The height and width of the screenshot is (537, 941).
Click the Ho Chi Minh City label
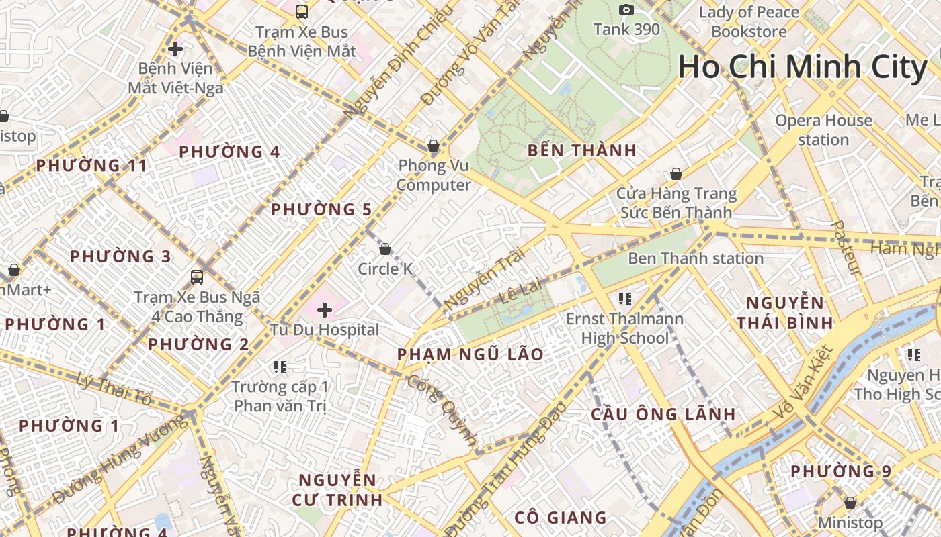pos(802,67)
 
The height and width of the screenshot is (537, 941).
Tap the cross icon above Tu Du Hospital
pos(325,310)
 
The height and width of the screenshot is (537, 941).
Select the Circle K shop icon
pos(385,250)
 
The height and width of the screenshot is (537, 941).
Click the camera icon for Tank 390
pos(626,9)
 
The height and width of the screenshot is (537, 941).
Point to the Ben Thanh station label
pos(696,258)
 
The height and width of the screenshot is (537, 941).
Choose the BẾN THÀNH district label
pos(582,150)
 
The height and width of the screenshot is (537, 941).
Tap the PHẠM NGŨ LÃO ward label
pos(470,354)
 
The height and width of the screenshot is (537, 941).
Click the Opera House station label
pos(823,130)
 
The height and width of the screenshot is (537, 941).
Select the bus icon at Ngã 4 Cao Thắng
pos(197,277)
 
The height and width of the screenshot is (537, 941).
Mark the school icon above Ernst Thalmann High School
pos(625,298)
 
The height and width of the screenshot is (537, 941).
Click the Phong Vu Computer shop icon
pos(434,146)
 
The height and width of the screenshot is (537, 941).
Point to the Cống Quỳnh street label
pos(442,411)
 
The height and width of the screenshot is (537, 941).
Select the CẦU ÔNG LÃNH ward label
pos(663,414)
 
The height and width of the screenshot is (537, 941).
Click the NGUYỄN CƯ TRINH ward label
pos(337,489)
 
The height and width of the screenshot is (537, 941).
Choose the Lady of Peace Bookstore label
pos(749,21)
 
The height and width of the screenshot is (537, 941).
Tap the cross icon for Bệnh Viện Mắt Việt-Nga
pos(175,49)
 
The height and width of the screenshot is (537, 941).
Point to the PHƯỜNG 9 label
pos(840,471)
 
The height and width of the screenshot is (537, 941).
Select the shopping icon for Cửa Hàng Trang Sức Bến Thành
pos(676,174)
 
